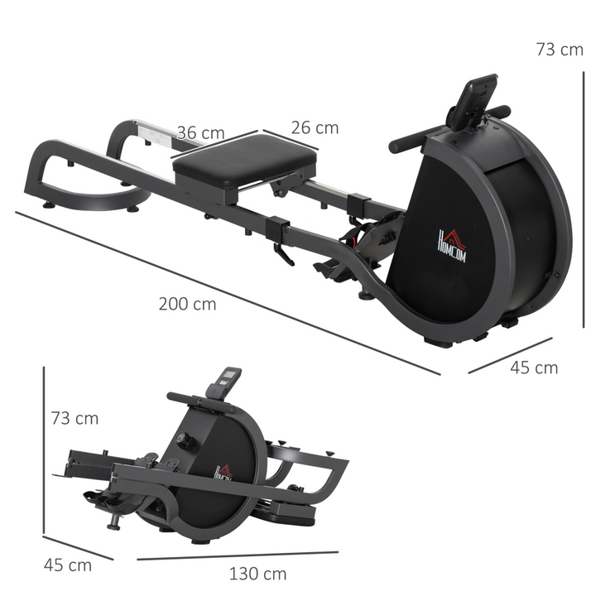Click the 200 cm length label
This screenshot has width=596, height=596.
click(x=187, y=304)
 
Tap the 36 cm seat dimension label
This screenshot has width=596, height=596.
click(x=200, y=132)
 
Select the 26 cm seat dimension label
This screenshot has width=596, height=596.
click(x=315, y=127)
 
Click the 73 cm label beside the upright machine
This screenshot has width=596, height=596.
click(x=559, y=50)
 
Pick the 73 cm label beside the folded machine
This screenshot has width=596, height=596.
click(x=74, y=418)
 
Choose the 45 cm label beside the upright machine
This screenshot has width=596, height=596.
click(x=534, y=368)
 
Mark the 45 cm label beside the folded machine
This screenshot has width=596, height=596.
click(x=68, y=565)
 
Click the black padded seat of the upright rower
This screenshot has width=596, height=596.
click(x=245, y=162)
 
